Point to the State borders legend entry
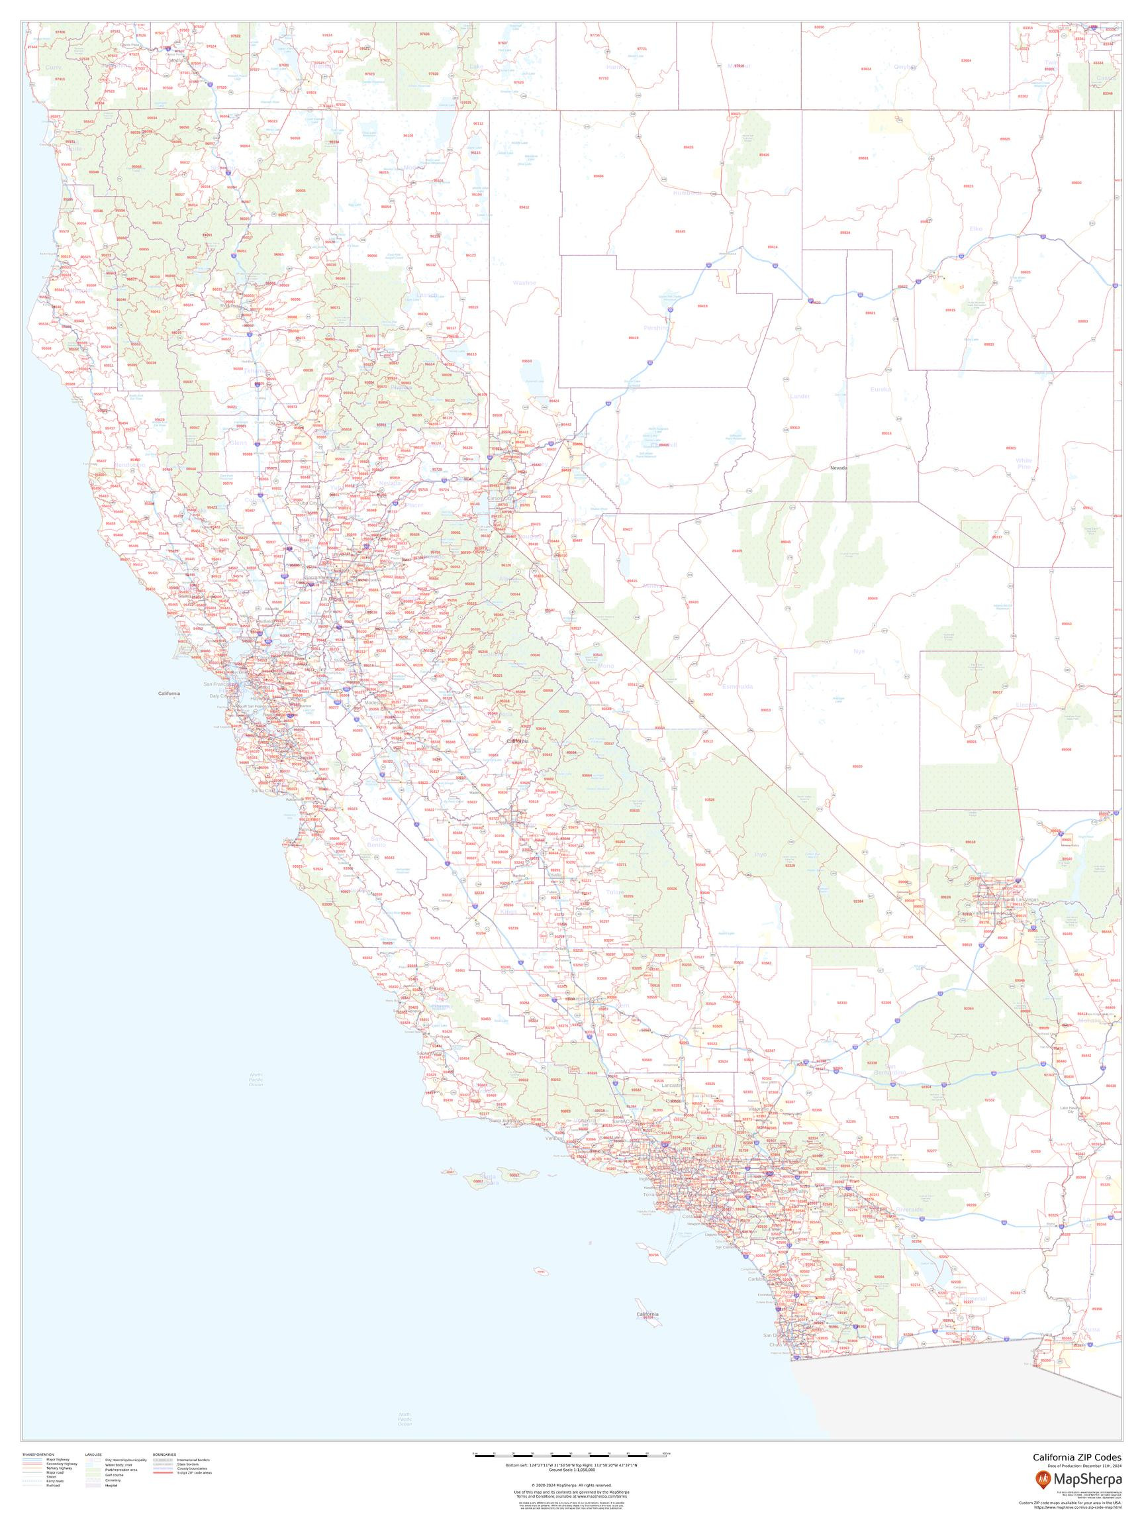click(x=189, y=1463)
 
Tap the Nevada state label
click(x=839, y=468)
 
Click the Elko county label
click(x=976, y=229)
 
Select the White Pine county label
click(x=1024, y=464)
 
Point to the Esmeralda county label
click(x=737, y=686)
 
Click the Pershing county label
click(x=657, y=328)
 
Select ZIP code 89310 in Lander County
click(x=794, y=428)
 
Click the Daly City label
click(x=220, y=696)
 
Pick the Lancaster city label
click(x=671, y=1085)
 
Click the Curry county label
click(x=53, y=68)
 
